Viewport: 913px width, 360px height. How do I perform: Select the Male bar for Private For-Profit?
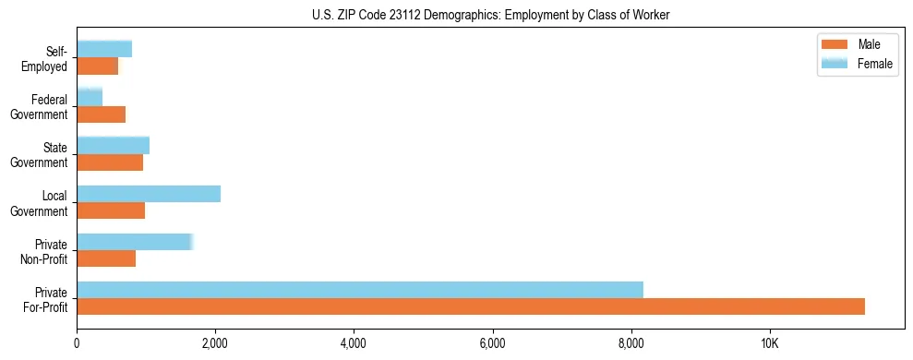(471, 306)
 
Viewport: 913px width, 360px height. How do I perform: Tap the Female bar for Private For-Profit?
(360, 289)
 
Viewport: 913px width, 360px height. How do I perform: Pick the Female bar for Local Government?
(149, 193)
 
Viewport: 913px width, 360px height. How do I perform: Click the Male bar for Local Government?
(111, 210)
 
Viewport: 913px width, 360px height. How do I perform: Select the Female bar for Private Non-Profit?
(135, 241)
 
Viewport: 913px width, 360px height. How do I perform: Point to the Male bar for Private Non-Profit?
(106, 258)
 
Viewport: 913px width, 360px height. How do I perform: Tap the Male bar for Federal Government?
(101, 114)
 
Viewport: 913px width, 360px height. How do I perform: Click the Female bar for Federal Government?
(90, 97)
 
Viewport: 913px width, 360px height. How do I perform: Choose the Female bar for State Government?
(113, 145)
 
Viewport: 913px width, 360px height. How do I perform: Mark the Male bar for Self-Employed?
(97, 66)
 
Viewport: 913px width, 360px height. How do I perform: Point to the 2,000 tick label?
(215, 343)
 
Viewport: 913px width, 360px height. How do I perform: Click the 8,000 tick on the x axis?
(631, 343)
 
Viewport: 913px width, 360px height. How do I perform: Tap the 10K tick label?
(770, 343)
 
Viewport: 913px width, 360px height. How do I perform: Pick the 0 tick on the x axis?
(77, 343)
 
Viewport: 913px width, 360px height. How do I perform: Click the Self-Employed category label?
(45, 59)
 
